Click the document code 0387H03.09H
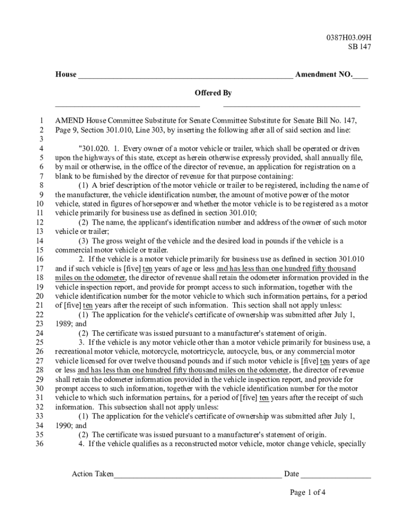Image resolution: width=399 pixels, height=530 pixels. tap(349, 37)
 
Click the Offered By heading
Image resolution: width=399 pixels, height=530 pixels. tap(213, 93)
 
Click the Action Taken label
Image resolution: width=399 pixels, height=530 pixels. tap(93, 474)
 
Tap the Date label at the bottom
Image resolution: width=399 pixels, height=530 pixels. tap(291, 474)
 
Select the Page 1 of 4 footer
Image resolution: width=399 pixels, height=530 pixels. tap(308, 492)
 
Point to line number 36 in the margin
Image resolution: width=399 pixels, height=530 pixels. tap(39, 444)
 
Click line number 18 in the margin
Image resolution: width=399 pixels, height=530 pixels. tap(39, 278)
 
